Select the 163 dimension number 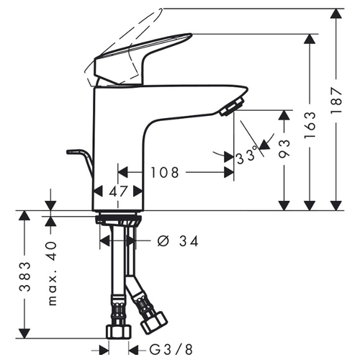310,125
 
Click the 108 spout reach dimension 165,172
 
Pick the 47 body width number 117,192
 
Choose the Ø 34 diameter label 178,241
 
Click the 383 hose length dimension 25,276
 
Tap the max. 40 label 53,274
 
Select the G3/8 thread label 171,349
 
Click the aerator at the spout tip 233,107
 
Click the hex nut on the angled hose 153,323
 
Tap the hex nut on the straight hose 119,332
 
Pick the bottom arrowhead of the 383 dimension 24,333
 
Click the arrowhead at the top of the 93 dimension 284,114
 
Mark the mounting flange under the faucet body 119,219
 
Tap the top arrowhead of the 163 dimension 310,39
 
